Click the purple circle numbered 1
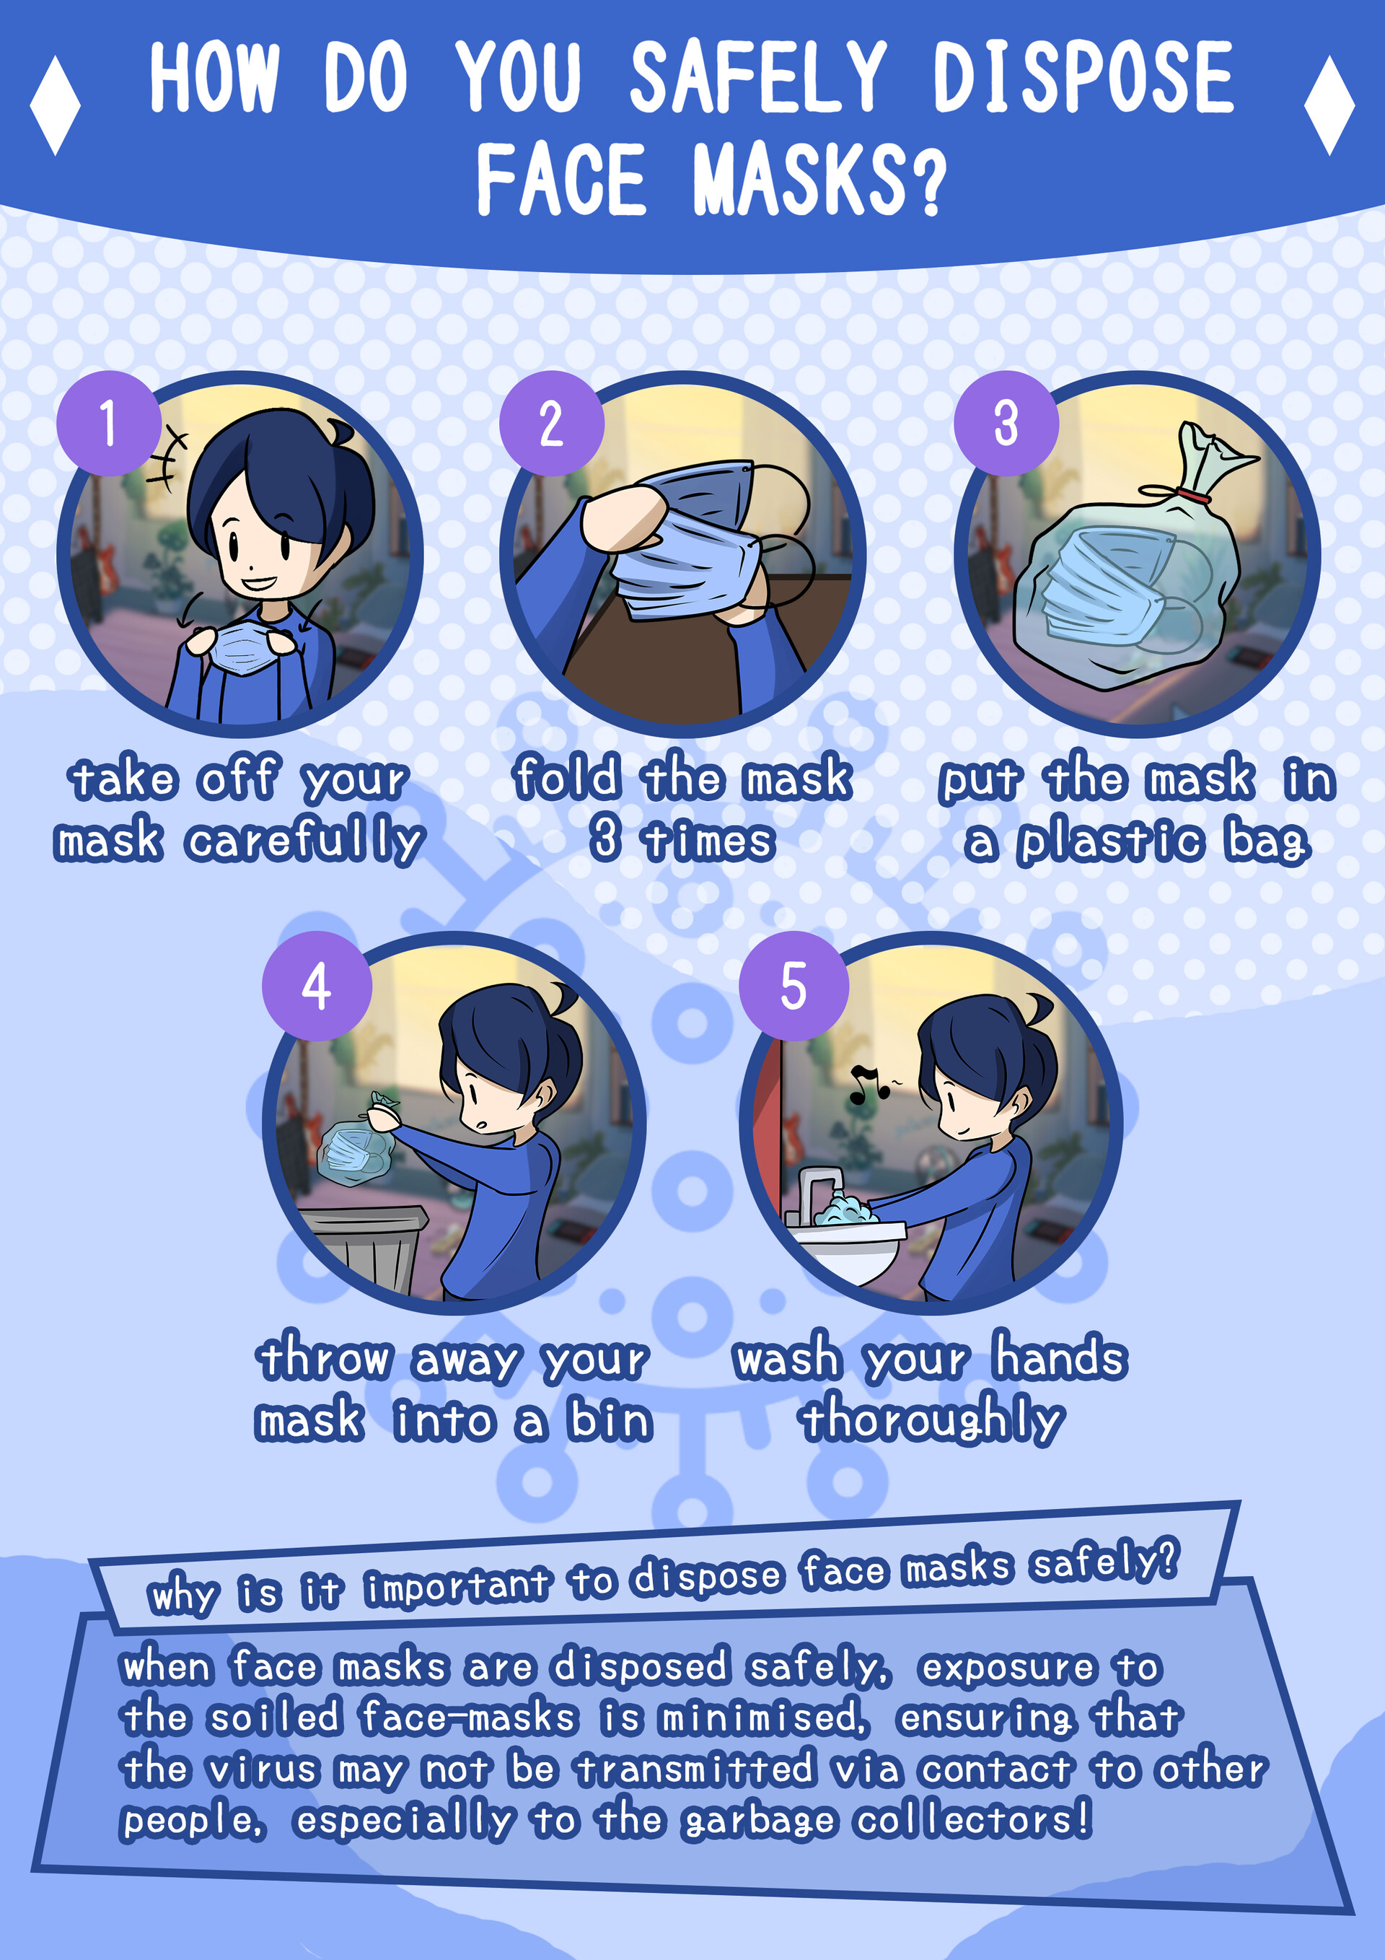pyautogui.click(x=108, y=423)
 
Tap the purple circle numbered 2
pyautogui.click(x=551, y=423)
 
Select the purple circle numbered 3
pyautogui.click(x=1006, y=423)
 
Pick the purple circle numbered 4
pyautogui.click(x=317, y=986)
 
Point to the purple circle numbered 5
pyautogui.click(x=793, y=986)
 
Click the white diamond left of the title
pyautogui.click(x=55, y=106)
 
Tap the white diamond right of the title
pyautogui.click(x=1329, y=106)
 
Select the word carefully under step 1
pyautogui.click(x=304, y=841)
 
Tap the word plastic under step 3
pyautogui.click(x=1111, y=843)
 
